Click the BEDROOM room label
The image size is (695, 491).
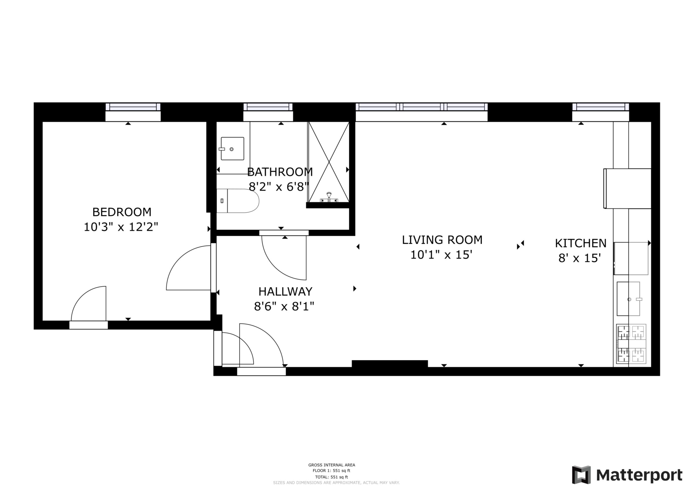122,212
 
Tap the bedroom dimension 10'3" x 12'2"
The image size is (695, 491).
121,227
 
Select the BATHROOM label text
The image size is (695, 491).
280,172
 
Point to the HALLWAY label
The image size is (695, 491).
285,292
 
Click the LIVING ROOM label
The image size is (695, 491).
442,240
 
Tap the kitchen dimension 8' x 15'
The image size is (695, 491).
579,258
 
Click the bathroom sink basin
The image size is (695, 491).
232,149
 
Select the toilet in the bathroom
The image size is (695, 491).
238,201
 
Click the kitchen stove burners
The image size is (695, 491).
631,344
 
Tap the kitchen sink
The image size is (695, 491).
628,299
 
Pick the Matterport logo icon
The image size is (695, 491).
581,475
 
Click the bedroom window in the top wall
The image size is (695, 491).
133,107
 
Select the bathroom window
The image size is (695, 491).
268,107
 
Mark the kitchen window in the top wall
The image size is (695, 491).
601,107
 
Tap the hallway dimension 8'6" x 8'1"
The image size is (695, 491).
284,307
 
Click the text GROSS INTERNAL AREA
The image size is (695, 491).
332,465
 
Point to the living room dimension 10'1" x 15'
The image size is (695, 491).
441,255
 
